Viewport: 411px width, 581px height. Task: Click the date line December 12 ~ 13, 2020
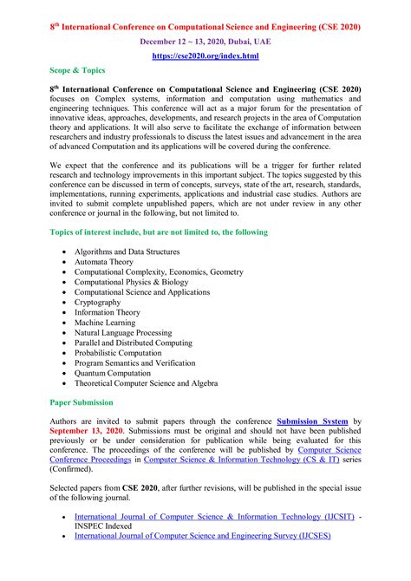pyautogui.click(x=205, y=41)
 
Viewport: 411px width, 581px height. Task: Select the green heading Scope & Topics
pyautogui.click(x=77, y=70)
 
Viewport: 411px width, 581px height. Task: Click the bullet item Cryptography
pyautogui.click(x=98, y=303)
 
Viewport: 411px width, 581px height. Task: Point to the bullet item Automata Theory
pyautogui.click(x=104, y=262)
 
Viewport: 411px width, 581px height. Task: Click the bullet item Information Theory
pyautogui.click(x=108, y=312)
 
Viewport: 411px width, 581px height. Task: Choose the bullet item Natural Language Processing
pyautogui.click(x=123, y=333)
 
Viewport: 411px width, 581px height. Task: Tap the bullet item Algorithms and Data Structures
pyautogui.click(x=127, y=251)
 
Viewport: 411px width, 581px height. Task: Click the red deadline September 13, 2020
pyautogui.click(x=87, y=430)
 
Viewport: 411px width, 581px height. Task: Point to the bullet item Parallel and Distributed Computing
pyautogui.click(x=132, y=343)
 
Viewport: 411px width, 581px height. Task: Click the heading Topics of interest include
pyautogui.click(x=159, y=232)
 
